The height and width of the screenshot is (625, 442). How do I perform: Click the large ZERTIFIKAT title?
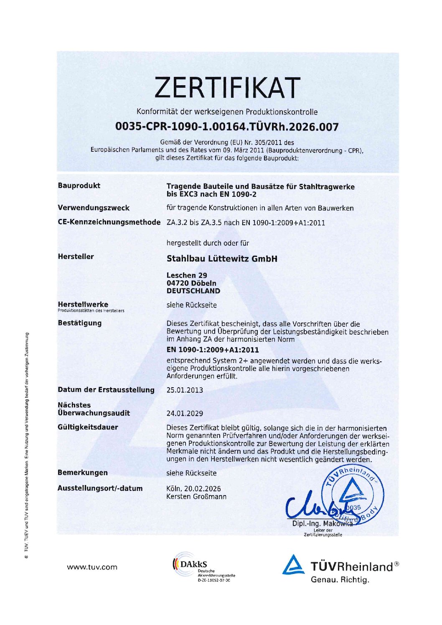click(227, 87)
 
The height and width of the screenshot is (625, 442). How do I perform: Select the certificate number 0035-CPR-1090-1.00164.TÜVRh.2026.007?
click(227, 127)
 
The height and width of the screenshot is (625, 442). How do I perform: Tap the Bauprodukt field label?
click(79, 185)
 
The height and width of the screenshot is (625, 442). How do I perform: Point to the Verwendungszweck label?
click(94, 208)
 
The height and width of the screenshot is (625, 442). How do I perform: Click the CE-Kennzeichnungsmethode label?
click(109, 222)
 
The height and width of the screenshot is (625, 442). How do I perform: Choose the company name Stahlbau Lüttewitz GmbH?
click(222, 259)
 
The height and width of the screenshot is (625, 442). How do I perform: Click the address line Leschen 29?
click(187, 275)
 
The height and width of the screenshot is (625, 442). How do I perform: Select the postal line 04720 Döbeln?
click(191, 283)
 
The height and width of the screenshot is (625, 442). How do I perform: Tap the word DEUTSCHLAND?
click(193, 291)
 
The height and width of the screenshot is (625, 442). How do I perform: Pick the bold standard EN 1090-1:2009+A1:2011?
click(213, 350)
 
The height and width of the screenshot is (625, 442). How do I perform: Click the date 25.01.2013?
click(185, 390)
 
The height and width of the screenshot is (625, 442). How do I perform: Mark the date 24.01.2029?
click(185, 414)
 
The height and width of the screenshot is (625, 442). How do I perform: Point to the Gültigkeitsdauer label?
click(88, 427)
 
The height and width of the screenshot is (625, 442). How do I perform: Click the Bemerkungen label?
click(83, 473)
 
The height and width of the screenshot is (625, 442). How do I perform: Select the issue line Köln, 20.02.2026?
click(193, 488)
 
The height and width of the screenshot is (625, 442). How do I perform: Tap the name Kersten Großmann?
click(196, 497)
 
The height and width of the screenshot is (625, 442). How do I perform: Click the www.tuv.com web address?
click(92, 567)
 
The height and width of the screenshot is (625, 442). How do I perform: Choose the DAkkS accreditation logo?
click(203, 567)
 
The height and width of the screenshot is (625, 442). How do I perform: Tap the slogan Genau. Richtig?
click(340, 580)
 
